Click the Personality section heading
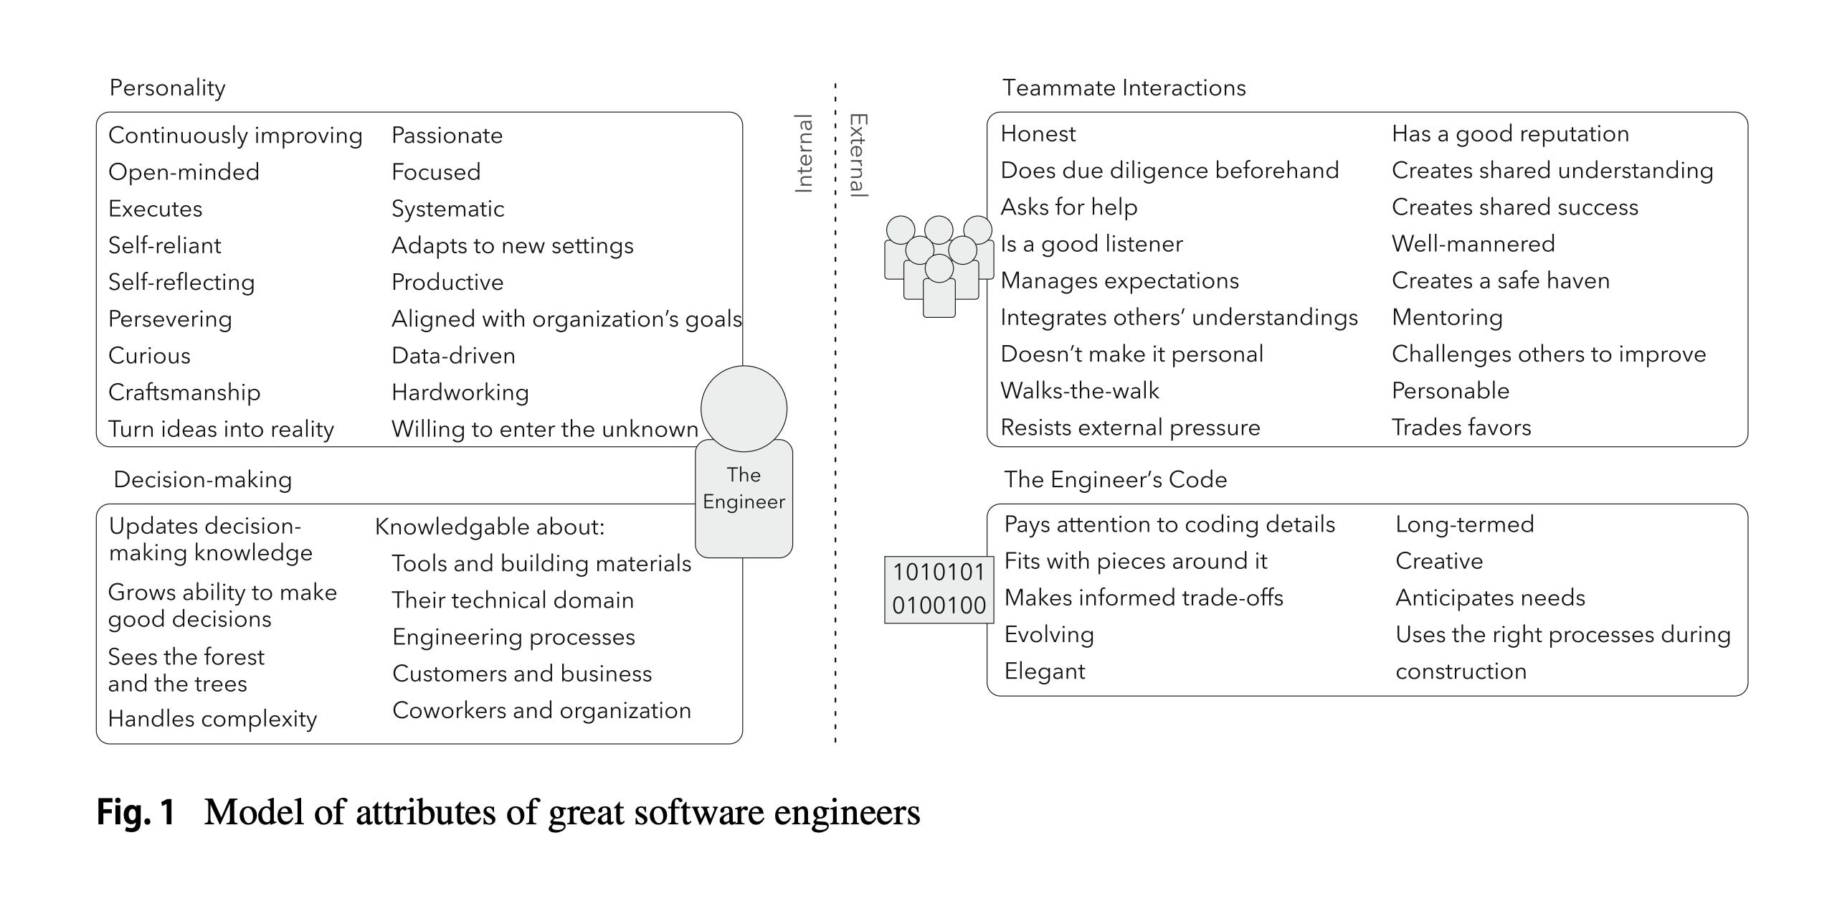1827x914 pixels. pyautogui.click(x=167, y=88)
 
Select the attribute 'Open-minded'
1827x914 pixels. pyautogui.click(x=184, y=172)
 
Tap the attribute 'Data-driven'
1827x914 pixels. pyautogui.click(x=453, y=356)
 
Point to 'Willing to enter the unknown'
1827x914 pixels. pyautogui.click(x=544, y=429)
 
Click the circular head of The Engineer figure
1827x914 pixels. pyautogui.click(x=744, y=409)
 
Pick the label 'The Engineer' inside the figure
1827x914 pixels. pyautogui.click(x=744, y=489)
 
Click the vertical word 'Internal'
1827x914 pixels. pyautogui.click(x=804, y=154)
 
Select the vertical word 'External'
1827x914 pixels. pyautogui.click(x=858, y=155)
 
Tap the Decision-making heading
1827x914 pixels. pyautogui.click(x=203, y=479)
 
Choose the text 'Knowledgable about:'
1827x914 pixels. pyautogui.click(x=490, y=527)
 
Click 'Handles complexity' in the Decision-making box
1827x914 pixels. pyautogui.click(x=212, y=719)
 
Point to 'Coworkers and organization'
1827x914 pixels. pyautogui.click(x=541, y=710)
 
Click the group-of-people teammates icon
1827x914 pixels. pyautogui.click(x=938, y=266)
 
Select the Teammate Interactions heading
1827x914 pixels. pyautogui.click(x=1124, y=88)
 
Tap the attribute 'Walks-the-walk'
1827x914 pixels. pyautogui.click(x=1079, y=391)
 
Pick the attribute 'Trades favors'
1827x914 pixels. pyautogui.click(x=1461, y=428)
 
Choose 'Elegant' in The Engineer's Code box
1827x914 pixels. pyautogui.click(x=1045, y=672)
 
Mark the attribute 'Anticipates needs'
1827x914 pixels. pyautogui.click(x=1490, y=598)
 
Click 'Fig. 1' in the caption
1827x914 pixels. pyautogui.click(x=136, y=813)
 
